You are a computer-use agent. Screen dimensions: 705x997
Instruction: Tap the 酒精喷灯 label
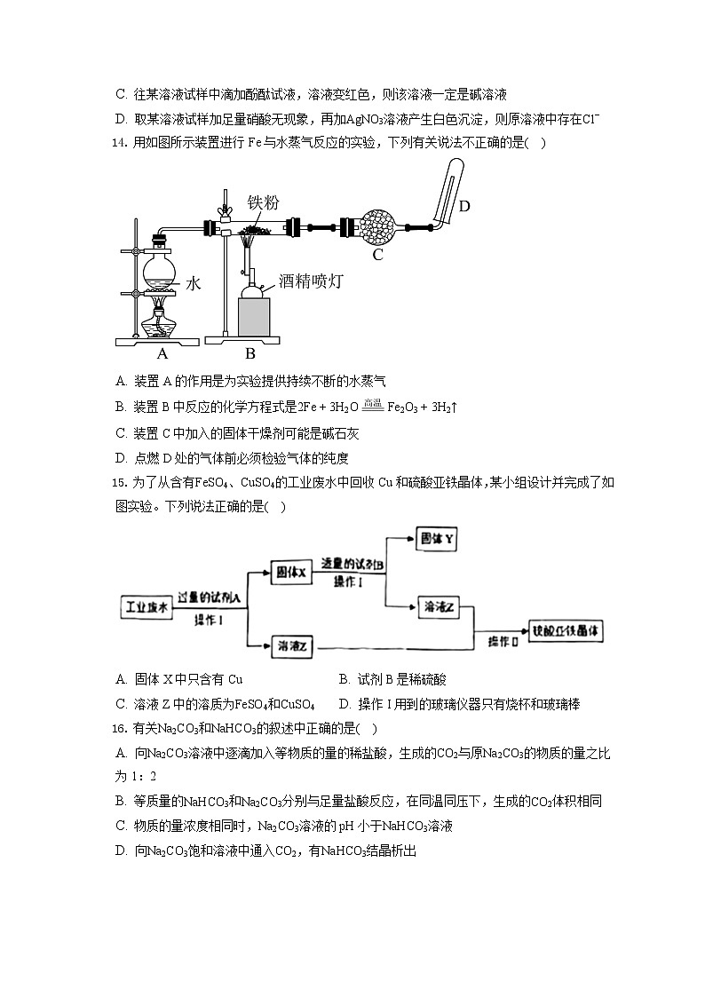pos(311,281)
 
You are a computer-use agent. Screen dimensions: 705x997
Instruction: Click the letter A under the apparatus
pos(162,353)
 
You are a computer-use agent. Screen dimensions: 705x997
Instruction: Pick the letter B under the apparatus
pos(250,353)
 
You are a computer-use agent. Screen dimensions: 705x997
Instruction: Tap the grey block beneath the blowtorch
pos(254,316)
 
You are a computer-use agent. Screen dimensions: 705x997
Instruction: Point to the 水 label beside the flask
pos(194,283)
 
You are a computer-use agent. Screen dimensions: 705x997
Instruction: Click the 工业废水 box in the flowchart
pos(146,607)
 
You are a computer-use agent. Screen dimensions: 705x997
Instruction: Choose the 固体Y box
pos(440,539)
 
